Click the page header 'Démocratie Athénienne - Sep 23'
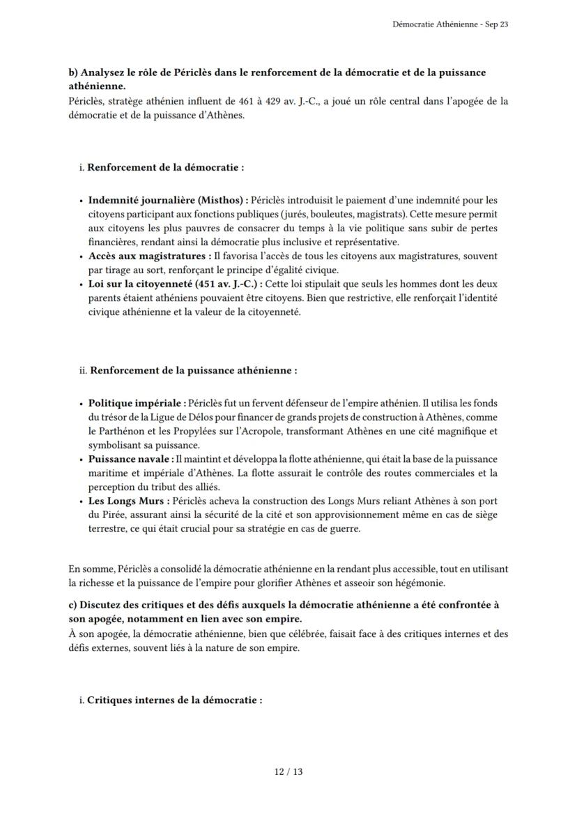click(x=450, y=24)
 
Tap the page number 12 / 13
click(x=288, y=771)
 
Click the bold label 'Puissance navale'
click(x=130, y=459)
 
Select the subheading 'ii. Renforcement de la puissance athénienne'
click(x=188, y=371)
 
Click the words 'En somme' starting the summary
click(x=87, y=568)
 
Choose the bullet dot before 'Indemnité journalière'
click(x=82, y=201)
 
